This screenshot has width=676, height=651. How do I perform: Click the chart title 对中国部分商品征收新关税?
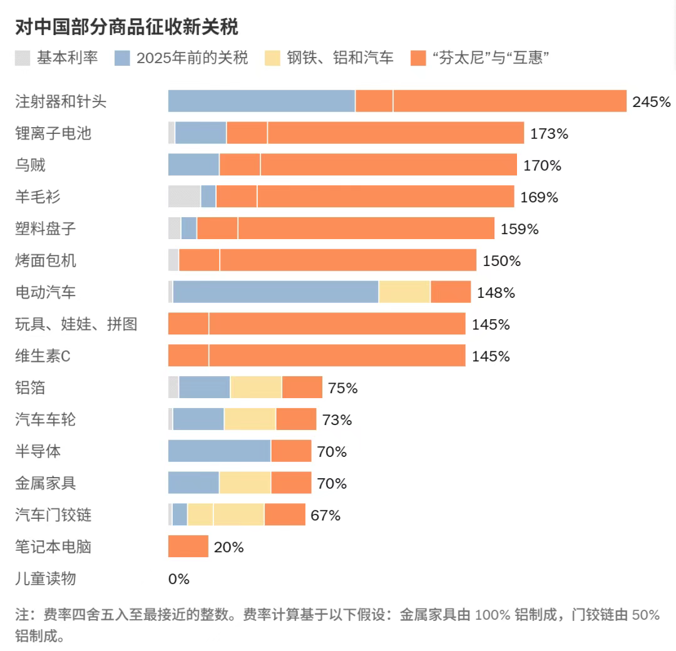[126, 28]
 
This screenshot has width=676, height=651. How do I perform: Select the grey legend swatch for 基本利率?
[23, 58]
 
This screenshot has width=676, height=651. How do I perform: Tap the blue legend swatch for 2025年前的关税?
[122, 58]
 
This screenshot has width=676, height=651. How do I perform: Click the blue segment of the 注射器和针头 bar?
[262, 101]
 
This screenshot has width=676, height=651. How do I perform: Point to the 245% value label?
[651, 102]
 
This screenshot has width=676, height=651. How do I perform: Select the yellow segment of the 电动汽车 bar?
[404, 292]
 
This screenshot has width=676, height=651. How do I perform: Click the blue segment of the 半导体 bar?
[219, 451]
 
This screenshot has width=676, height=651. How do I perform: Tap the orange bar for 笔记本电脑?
[188, 546]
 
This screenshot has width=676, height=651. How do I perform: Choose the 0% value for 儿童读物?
[179, 579]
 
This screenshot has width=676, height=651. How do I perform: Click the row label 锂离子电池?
[53, 133]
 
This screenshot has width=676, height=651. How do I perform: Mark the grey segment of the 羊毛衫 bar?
[184, 197]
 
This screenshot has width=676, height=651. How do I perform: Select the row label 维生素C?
[43, 356]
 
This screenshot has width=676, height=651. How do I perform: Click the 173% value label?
[549, 133]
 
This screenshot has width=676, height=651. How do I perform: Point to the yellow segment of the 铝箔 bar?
[256, 387]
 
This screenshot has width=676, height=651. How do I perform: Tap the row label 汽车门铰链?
[53, 515]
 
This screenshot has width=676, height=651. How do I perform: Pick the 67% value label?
[325, 515]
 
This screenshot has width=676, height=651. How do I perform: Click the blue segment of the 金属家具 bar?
[193, 483]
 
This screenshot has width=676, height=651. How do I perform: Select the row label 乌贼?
[31, 165]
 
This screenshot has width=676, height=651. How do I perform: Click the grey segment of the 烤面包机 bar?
[173, 260]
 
